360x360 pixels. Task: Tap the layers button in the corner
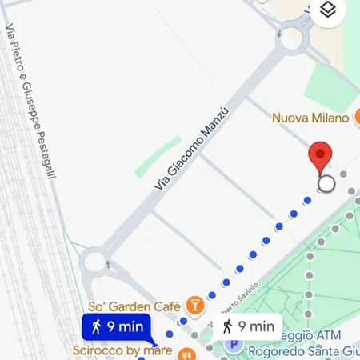point(327,10)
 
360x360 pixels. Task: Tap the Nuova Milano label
point(310,118)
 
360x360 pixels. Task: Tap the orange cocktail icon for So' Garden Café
point(194,304)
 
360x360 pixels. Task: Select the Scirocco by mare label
point(122,350)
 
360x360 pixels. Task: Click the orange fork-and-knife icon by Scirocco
point(186,351)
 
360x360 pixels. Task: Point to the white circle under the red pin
point(326,185)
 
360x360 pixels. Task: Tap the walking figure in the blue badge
point(97,326)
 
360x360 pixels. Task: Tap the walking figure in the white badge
point(228,326)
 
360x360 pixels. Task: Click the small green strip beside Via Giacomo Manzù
point(157,156)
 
